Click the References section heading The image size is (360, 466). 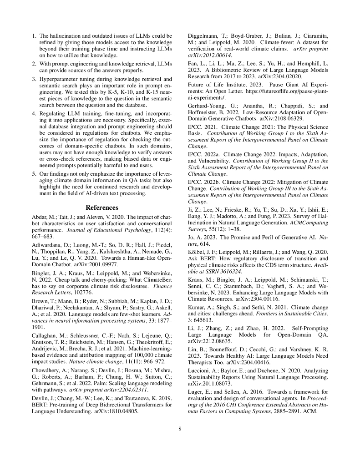coord(102,208)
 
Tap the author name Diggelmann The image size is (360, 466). coord(204,35)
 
